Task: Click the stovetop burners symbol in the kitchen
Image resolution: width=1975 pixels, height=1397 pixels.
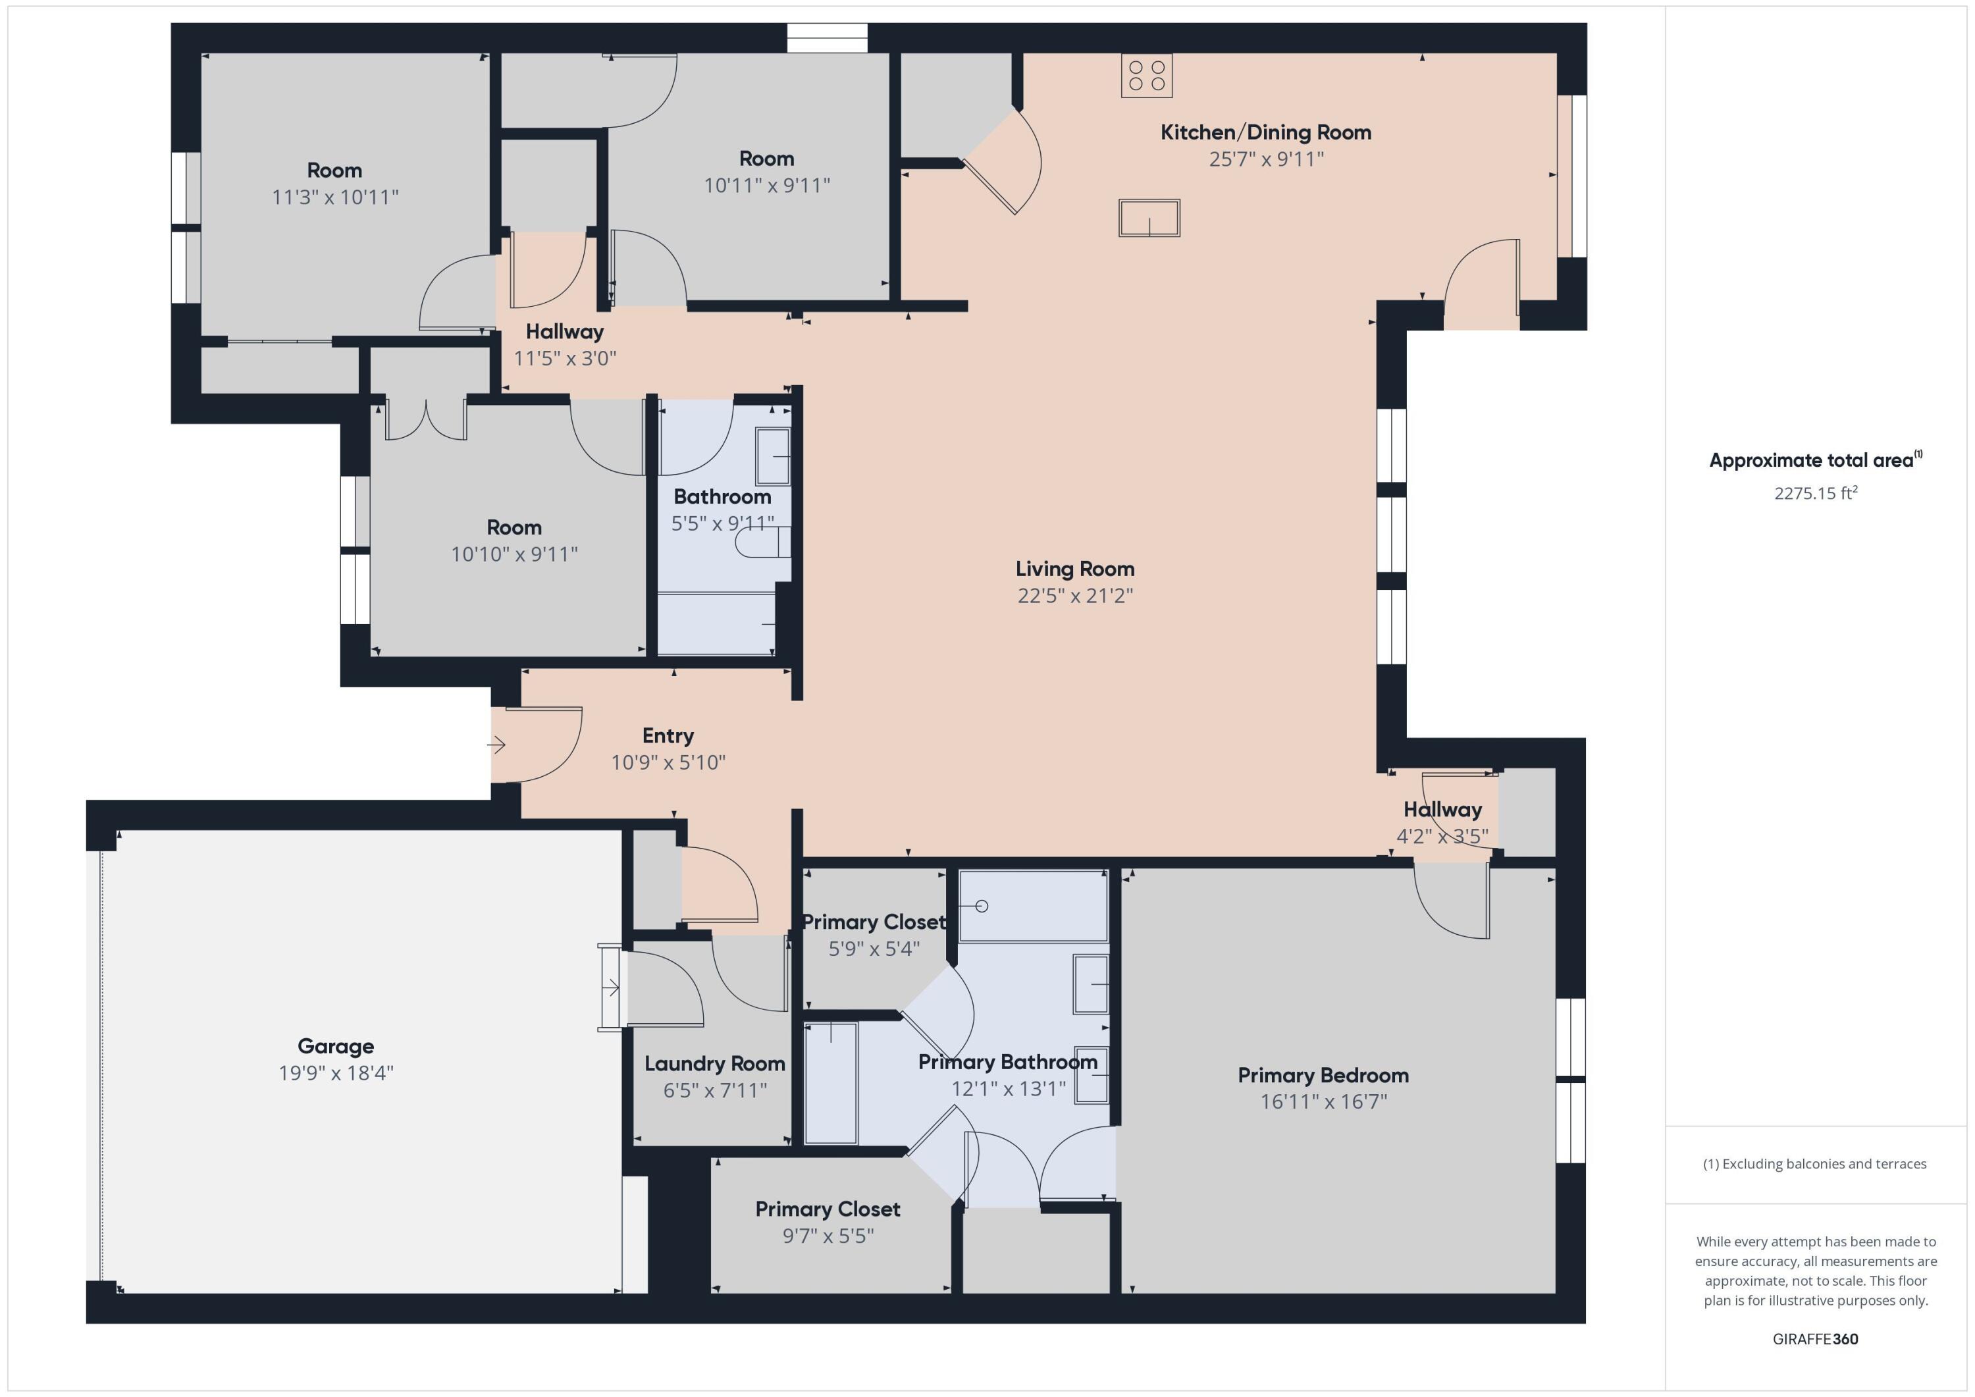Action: pos(1147,76)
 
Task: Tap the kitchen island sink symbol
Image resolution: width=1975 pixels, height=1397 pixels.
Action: pos(1149,218)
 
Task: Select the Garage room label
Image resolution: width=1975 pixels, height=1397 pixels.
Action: pos(336,1046)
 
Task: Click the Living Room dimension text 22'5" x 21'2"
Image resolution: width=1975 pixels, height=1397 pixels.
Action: pos(1075,595)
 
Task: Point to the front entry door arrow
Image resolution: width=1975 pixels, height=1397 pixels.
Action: pos(497,745)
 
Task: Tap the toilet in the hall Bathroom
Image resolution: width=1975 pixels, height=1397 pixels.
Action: pos(761,542)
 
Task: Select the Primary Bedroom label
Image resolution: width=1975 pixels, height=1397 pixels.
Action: pos(1323,1075)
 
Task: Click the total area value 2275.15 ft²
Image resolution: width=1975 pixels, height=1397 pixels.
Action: pos(1815,493)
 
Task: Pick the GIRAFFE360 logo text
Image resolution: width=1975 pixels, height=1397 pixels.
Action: pos(1815,1338)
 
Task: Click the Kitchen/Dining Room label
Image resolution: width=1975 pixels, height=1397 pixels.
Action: pos(1265,132)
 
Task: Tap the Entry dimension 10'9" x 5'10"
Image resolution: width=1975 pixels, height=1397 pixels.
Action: pos(668,762)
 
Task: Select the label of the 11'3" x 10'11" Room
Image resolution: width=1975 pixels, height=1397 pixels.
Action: pos(334,171)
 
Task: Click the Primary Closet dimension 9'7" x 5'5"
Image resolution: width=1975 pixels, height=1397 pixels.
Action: pos(828,1235)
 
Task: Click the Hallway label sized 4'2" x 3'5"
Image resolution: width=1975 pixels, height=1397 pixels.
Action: pos(1442,810)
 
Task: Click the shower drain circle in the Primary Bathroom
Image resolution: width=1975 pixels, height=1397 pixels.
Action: pos(982,906)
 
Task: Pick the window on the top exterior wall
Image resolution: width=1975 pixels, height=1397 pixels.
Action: pos(827,38)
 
